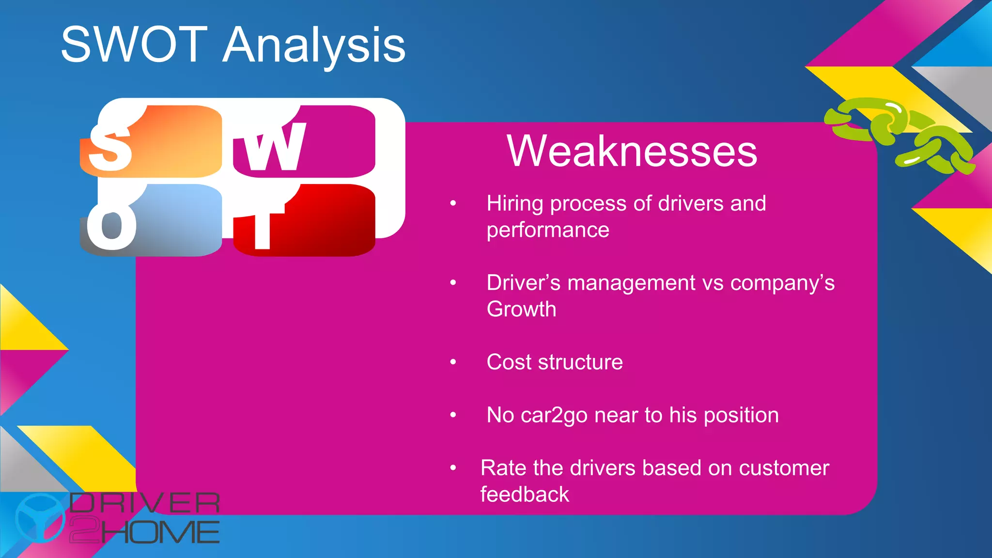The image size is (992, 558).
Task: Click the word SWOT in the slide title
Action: click(134, 45)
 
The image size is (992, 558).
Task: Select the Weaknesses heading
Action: click(632, 151)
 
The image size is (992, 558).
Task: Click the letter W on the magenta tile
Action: click(274, 146)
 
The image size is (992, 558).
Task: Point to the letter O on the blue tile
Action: click(111, 225)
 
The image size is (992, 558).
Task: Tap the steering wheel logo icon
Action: click(40, 517)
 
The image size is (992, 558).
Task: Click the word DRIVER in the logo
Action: click(144, 503)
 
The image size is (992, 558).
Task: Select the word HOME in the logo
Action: click(160, 532)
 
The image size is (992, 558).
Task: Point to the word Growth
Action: click(521, 309)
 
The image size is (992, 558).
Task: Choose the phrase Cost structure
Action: click(555, 362)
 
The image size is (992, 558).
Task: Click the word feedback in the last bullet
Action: click(525, 495)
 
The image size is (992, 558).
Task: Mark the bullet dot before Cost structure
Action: click(453, 362)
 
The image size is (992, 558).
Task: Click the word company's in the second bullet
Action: click(782, 283)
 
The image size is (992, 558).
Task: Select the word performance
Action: click(548, 230)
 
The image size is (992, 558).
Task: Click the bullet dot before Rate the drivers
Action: click(453, 468)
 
